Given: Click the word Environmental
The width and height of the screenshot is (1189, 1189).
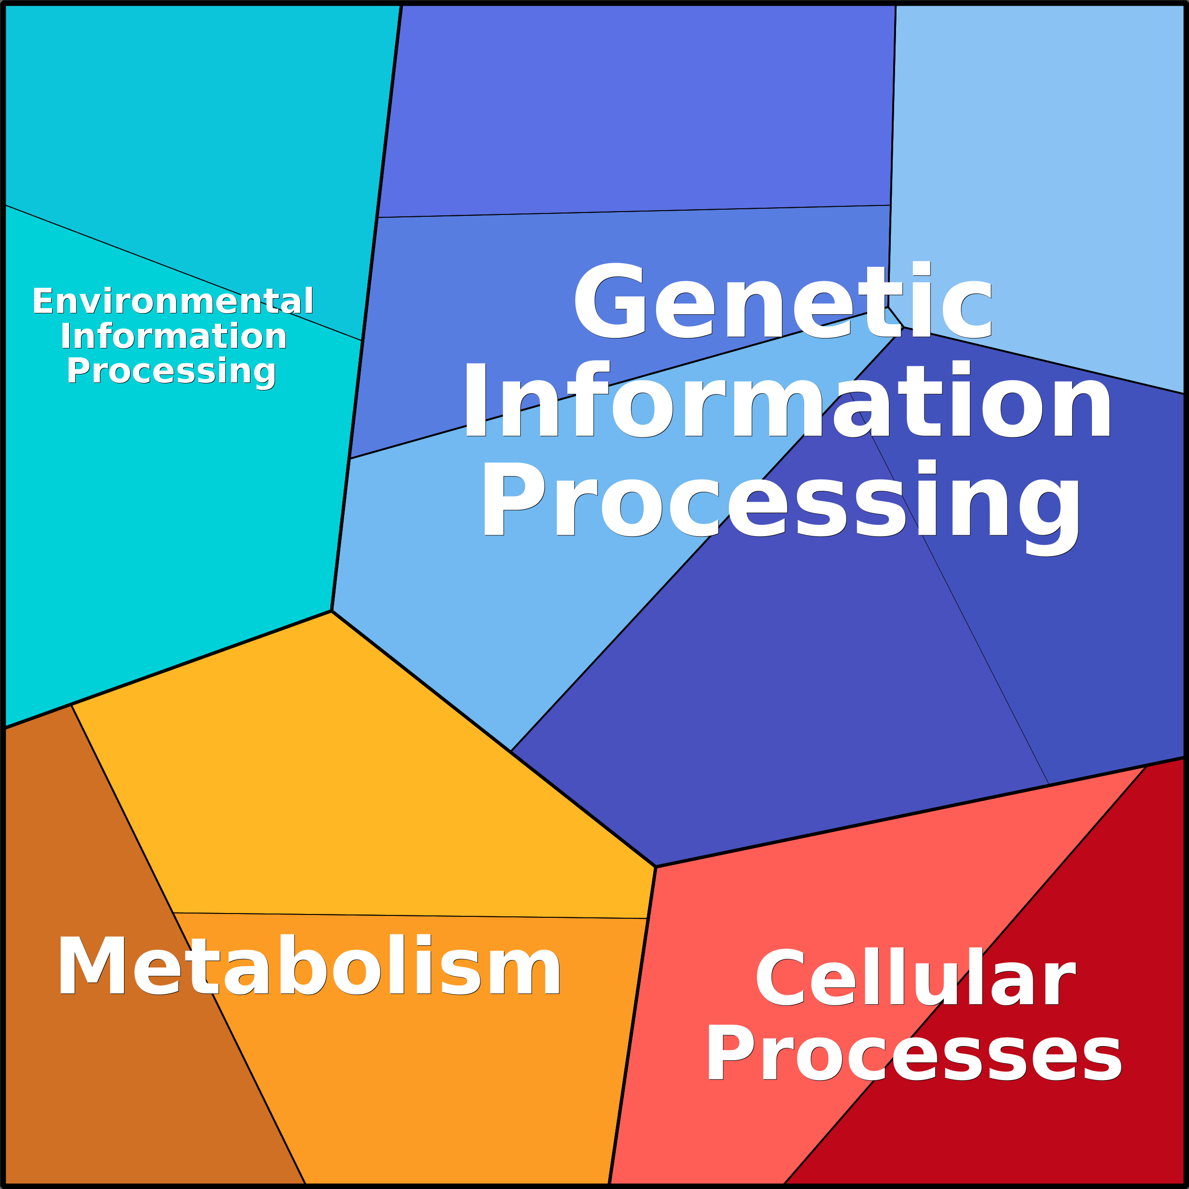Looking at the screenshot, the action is pyautogui.click(x=173, y=301).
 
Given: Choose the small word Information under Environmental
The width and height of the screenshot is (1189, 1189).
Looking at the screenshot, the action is pyautogui.click(x=174, y=336).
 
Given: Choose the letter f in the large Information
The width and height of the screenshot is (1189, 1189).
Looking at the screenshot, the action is pyautogui.click(x=588, y=399).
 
